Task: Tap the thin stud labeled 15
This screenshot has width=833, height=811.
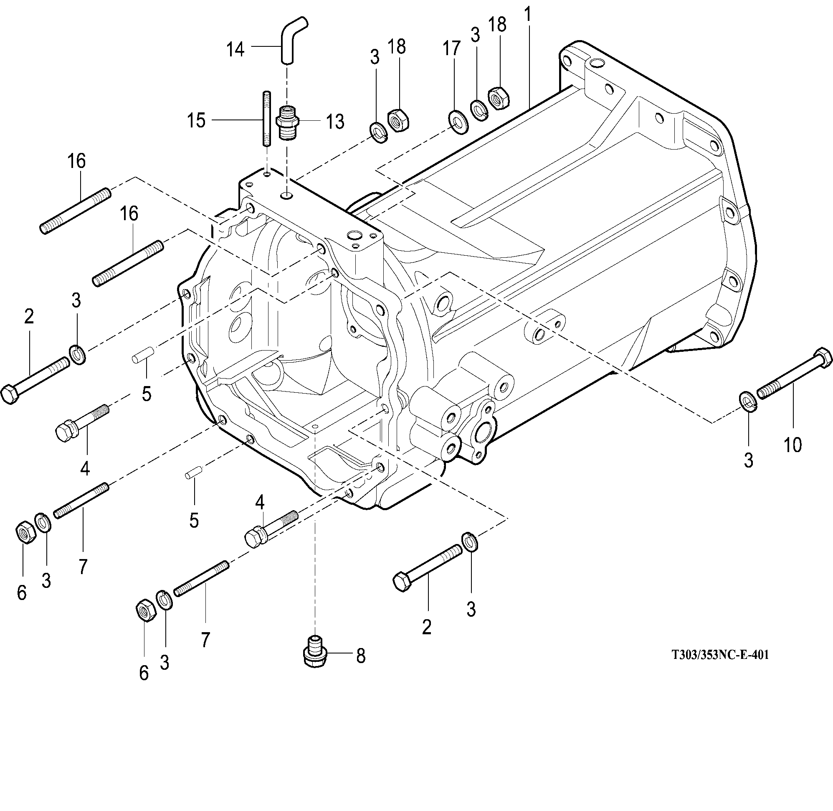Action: pos(266,119)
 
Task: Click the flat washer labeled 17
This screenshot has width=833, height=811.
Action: pos(457,122)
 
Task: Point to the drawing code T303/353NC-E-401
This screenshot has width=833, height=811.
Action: pos(720,655)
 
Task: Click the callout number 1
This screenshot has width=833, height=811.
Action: pos(528,15)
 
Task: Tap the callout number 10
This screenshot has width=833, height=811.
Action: pos(792,445)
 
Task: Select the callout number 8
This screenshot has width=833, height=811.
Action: pos(360,656)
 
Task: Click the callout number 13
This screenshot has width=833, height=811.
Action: pos(335,122)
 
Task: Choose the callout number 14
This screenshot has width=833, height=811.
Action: pos(235,49)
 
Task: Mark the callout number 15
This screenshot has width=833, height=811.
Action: pos(196,120)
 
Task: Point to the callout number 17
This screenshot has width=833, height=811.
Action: pos(452,48)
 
